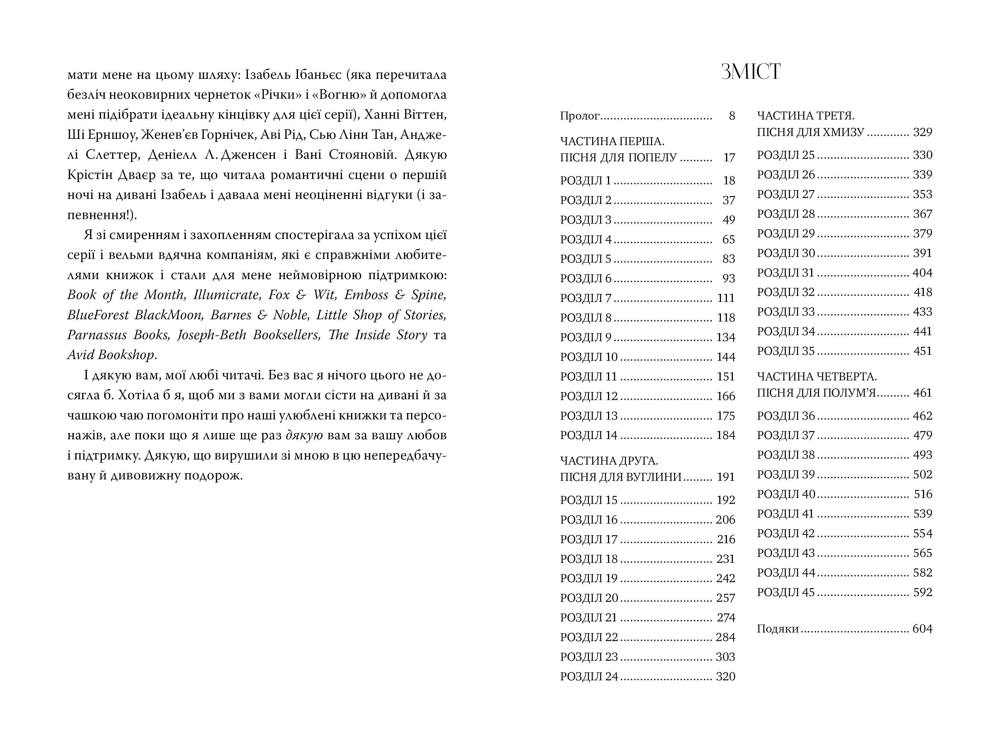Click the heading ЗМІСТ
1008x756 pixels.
(x=751, y=72)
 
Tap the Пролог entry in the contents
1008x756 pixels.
(x=580, y=116)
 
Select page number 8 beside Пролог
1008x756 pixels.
(x=732, y=116)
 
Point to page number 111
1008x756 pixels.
(x=726, y=298)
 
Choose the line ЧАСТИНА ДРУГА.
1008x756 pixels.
(x=609, y=461)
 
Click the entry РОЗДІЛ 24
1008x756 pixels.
(x=589, y=677)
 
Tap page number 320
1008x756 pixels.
(x=725, y=677)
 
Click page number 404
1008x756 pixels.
(x=922, y=273)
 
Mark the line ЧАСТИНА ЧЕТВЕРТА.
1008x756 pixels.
(x=817, y=377)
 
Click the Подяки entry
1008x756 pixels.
(x=778, y=629)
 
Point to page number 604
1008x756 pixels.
(x=922, y=629)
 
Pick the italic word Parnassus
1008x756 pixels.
(x=97, y=335)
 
